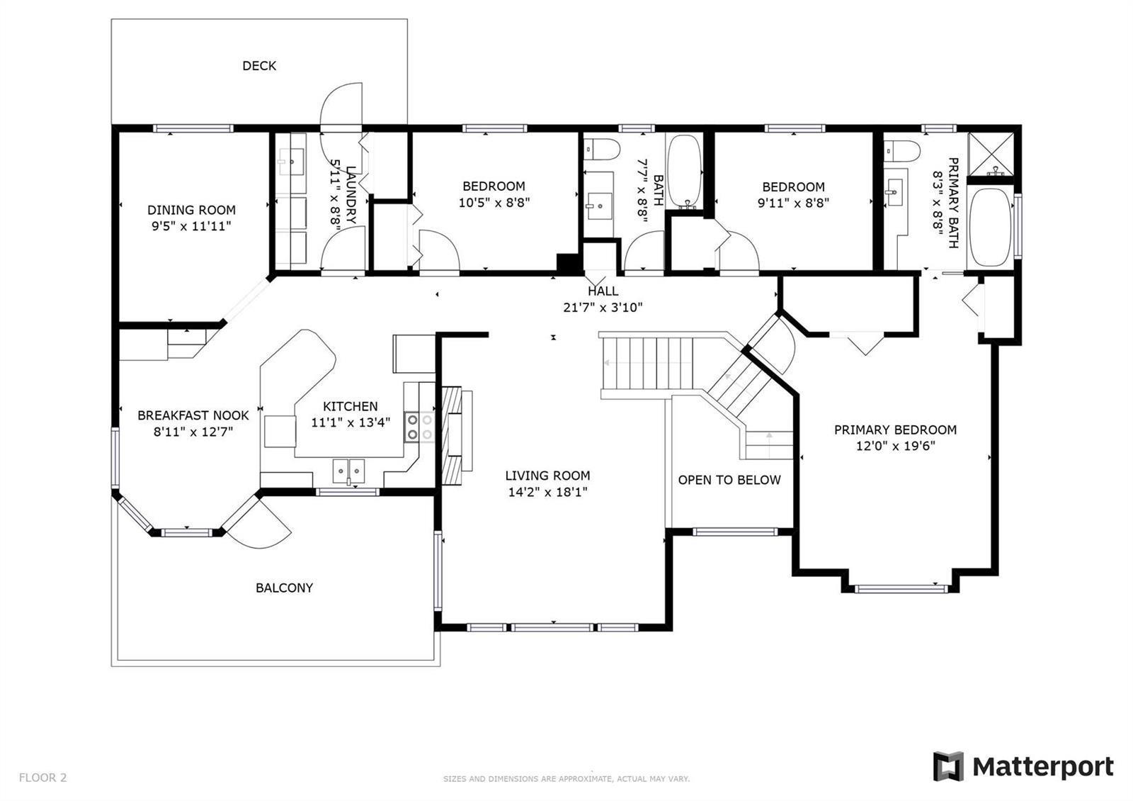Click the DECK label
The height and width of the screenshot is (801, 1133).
coord(259,66)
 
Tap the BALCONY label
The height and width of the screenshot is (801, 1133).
coord(284,588)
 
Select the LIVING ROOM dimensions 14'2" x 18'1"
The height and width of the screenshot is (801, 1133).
coord(548,492)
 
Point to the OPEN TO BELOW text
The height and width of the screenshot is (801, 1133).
coord(729,480)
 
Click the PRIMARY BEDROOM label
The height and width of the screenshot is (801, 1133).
coord(895,430)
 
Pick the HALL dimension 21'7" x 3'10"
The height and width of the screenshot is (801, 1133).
coord(603,308)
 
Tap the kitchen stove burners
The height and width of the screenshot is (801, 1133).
coord(420,427)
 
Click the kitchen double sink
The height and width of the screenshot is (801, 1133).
coord(348,471)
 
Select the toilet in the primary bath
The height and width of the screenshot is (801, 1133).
coord(901,151)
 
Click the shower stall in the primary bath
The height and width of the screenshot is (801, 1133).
coord(991,155)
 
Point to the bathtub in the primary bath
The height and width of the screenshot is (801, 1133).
coord(991,228)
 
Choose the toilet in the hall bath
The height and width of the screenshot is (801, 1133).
coord(602,150)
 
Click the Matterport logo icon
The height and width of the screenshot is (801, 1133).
coord(948,766)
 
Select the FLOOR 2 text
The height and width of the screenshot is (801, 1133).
coord(43,778)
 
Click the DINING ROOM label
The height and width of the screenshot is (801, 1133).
coord(191,210)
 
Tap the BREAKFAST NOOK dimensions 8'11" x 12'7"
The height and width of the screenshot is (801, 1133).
coord(193,432)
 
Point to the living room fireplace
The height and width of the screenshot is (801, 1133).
coord(457,435)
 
